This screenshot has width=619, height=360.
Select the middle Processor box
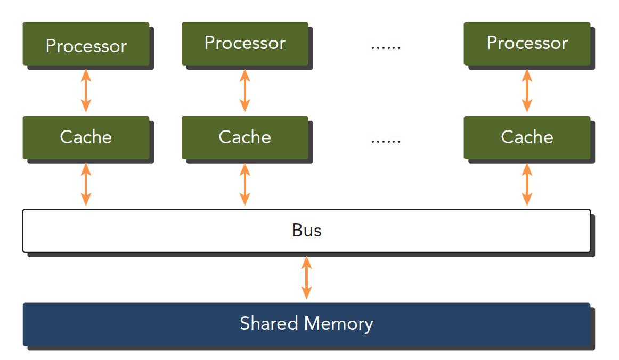[x=245, y=44]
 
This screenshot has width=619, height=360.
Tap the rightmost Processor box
[x=527, y=44]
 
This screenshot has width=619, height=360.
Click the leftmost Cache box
[x=86, y=137]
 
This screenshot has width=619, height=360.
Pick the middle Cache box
[x=245, y=137]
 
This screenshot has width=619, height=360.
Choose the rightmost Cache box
[x=527, y=137]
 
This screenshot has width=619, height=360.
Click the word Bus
[x=306, y=230]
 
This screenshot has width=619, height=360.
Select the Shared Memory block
[x=306, y=324]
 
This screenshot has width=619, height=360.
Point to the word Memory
[x=339, y=324]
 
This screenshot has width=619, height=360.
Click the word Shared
[x=270, y=323]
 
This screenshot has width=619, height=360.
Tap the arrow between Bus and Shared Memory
[x=306, y=277]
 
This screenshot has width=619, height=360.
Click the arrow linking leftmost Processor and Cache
[x=86, y=90]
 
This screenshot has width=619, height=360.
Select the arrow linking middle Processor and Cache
[x=245, y=90]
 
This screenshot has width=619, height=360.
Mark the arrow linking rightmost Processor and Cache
[x=527, y=90]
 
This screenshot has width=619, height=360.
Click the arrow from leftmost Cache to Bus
[x=86, y=184]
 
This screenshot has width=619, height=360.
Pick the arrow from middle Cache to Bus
[x=245, y=184]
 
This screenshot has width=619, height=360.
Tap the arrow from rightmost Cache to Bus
[x=527, y=184]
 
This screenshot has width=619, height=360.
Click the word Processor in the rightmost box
[x=527, y=43]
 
